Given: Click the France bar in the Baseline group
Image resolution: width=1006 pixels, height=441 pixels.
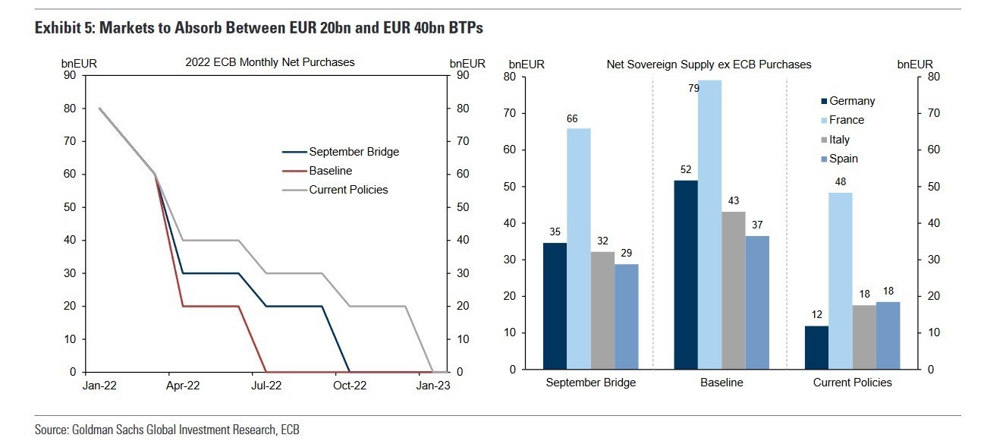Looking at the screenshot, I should (x=709, y=225).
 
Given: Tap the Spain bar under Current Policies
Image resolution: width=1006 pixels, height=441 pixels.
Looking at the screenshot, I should (x=888, y=335).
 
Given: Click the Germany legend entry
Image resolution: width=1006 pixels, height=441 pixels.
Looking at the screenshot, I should (x=851, y=101).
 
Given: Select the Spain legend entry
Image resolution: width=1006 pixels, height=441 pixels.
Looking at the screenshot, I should (x=844, y=159).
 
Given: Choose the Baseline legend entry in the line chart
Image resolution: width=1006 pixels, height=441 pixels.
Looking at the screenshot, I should (x=330, y=171).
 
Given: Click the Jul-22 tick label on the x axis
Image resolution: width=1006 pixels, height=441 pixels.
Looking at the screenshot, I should (x=266, y=386).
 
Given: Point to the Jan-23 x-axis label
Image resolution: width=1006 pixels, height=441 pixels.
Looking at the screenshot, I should (x=433, y=386).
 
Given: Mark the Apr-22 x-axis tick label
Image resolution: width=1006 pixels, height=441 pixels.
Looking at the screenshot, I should (x=183, y=386).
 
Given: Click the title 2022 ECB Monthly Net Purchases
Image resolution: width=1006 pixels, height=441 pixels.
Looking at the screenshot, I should (x=269, y=62).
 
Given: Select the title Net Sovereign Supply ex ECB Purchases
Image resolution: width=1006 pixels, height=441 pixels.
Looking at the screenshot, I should (x=709, y=65).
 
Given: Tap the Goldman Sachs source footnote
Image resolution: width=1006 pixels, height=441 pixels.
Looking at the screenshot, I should (x=167, y=430).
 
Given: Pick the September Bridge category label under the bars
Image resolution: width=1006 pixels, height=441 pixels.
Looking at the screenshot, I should (x=590, y=383).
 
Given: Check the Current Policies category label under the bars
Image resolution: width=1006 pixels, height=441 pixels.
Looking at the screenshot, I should (x=852, y=383).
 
